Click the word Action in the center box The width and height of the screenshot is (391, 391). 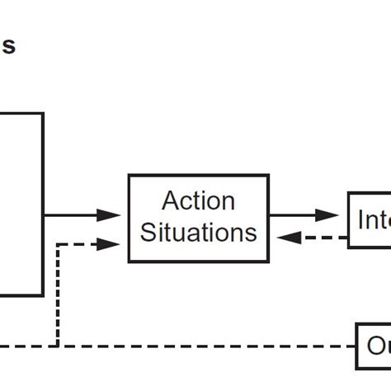(x=198, y=201)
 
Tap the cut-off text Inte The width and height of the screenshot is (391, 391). (x=373, y=220)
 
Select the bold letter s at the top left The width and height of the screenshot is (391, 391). (x=8, y=46)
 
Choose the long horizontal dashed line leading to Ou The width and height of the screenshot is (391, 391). (x=206, y=343)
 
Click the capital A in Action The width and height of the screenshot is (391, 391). (x=170, y=201)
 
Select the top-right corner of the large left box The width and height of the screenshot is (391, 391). (x=43, y=113)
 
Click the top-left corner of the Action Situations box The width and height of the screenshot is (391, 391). (x=129, y=176)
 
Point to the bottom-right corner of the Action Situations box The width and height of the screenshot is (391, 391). (x=267, y=262)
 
